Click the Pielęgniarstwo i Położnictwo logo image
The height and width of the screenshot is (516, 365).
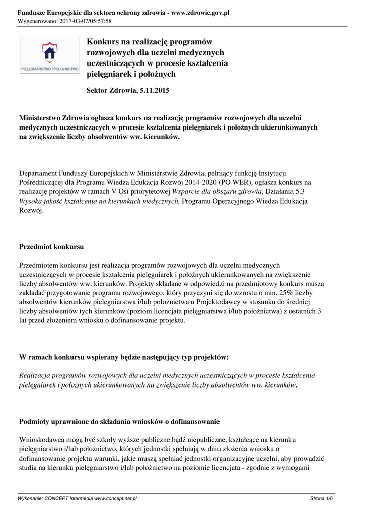tap(49, 55)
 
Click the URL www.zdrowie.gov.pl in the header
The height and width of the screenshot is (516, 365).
tap(200, 12)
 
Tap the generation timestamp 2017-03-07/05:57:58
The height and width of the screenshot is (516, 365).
tap(85, 21)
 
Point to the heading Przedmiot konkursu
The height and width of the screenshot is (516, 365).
tap(51, 247)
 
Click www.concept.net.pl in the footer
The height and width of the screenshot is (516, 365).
tap(115, 498)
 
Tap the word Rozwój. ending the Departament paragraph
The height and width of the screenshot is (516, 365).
tap(31, 211)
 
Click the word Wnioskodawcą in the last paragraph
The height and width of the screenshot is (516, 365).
tap(43, 439)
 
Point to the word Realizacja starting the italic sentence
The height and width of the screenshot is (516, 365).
tap(35, 375)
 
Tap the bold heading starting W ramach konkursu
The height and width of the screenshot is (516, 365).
tap(123, 357)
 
